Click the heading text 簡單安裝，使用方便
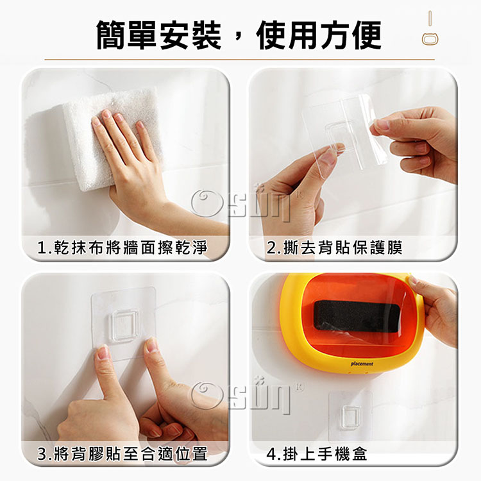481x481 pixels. pos(239,35)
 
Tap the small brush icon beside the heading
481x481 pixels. pos(430,29)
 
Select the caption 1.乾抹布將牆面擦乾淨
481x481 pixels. pos(122,248)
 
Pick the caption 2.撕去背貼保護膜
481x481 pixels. pos(334,248)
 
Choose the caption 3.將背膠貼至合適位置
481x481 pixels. pos(122,454)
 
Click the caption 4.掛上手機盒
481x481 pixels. pos(317,454)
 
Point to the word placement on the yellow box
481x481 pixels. pos(362,364)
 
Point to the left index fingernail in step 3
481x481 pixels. pos(103,352)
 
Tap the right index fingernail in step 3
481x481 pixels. pos(151,345)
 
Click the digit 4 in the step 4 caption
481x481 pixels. pos(271,454)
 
